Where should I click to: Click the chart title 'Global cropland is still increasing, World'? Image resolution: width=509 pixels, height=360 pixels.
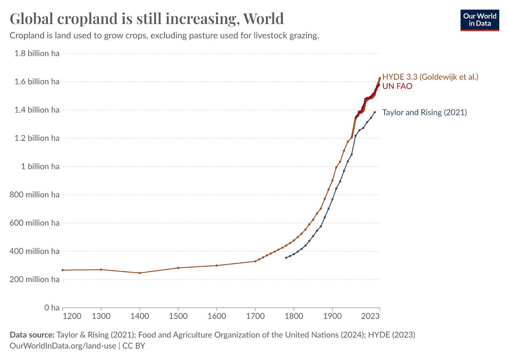coord(146,19)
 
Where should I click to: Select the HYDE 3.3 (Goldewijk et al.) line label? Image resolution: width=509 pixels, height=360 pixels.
coord(430,77)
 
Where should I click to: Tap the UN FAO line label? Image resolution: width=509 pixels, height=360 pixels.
coord(397,86)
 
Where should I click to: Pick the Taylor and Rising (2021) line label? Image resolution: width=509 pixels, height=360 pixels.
coord(424,112)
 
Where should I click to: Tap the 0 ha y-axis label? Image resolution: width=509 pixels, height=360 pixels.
coord(50,307)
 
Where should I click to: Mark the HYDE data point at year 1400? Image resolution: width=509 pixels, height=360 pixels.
coord(140,273)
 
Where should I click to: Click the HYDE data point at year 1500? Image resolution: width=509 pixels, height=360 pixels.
coord(178,268)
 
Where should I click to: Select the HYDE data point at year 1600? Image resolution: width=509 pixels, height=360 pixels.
coord(217,265)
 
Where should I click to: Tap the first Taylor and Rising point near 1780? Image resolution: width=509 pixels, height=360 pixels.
coord(286,258)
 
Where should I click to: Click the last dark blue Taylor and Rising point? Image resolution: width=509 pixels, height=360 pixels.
coord(375,112)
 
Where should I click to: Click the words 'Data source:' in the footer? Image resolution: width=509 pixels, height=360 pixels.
coord(32,335)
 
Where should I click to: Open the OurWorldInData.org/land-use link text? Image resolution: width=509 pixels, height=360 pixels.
coord(62,346)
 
